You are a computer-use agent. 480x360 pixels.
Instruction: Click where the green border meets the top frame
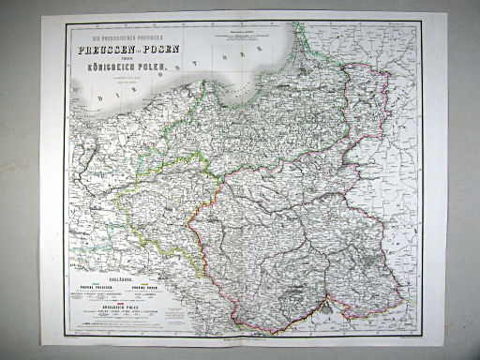pyautogui.click(x=298, y=25)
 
